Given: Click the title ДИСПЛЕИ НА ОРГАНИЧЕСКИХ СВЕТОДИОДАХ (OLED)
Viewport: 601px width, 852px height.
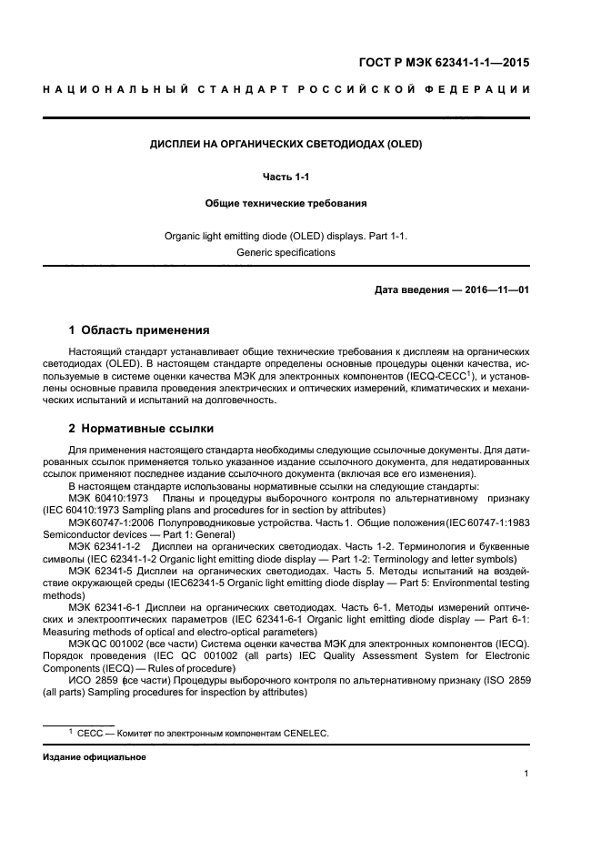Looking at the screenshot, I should [x=285, y=144].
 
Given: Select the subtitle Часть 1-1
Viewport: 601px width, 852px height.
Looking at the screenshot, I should [x=286, y=175].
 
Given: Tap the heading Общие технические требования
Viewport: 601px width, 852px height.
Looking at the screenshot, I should [x=285, y=205].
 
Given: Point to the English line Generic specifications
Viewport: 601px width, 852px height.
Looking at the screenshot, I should [x=285, y=252].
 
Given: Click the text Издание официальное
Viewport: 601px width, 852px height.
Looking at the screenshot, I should [x=95, y=756].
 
